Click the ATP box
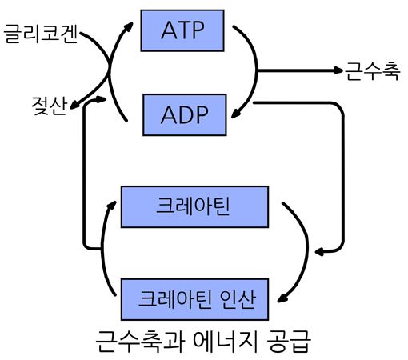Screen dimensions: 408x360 182,30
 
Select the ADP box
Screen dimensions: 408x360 185,114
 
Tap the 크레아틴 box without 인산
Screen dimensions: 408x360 194,206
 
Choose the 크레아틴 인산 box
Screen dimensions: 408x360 194,299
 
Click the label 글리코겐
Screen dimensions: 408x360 41,34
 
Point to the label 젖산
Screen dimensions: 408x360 49,106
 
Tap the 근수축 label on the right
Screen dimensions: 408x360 373,71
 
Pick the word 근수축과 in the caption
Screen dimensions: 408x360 140,342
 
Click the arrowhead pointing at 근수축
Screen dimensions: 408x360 338,70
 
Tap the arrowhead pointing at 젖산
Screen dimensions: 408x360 74,105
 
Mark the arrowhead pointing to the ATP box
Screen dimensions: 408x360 129,26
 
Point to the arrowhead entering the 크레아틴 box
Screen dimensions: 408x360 112,206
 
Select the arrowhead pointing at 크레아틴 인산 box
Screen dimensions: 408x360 282,298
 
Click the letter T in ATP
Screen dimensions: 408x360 182,30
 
